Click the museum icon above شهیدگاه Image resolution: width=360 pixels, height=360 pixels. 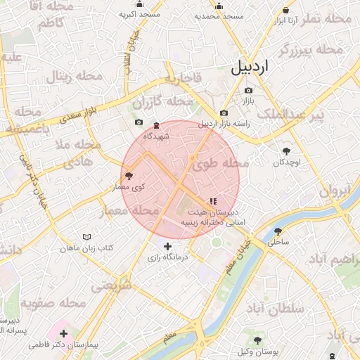156,125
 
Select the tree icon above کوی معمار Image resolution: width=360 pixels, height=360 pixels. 129,176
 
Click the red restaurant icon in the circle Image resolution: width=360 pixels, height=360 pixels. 213,201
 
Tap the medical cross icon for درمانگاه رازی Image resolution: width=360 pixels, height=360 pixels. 167,246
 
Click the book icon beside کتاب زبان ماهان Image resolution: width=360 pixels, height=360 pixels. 86,238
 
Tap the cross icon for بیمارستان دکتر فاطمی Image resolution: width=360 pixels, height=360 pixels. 64,333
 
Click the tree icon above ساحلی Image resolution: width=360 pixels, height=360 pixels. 278,231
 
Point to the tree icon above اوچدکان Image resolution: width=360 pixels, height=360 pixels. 286,151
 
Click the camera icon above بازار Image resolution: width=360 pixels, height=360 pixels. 247,91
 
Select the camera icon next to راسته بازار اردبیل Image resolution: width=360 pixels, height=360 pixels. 224,113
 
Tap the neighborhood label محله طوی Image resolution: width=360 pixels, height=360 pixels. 219,164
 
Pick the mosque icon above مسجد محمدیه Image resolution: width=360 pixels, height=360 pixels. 219,6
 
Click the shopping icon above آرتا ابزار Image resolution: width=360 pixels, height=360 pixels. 285,11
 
